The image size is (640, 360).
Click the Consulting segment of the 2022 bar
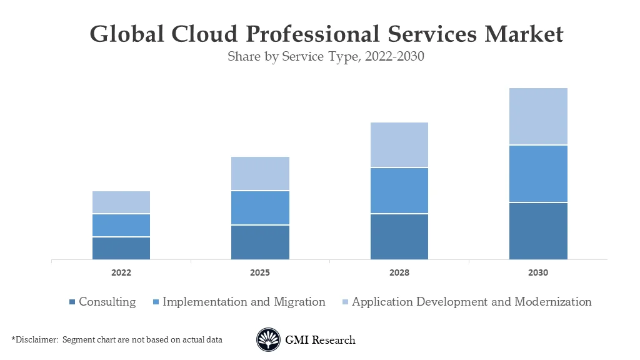[121, 248]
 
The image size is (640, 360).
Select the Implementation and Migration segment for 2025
[260, 207]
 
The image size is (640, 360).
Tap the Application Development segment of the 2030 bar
[538, 116]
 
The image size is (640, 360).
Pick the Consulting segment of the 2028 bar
[399, 236]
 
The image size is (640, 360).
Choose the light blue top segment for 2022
[121, 202]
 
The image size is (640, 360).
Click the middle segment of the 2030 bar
[538, 174]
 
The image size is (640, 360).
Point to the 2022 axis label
[121, 273]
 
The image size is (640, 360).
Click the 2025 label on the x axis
[260, 273]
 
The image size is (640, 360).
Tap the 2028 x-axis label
[399, 273]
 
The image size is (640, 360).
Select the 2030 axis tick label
[538, 273]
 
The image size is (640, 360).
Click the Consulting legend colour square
[72, 302]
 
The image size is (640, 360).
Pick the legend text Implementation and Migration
[244, 302]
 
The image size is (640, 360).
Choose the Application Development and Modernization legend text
[471, 302]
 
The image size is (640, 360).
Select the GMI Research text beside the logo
[320, 340]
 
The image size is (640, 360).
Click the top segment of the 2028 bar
[399, 145]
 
